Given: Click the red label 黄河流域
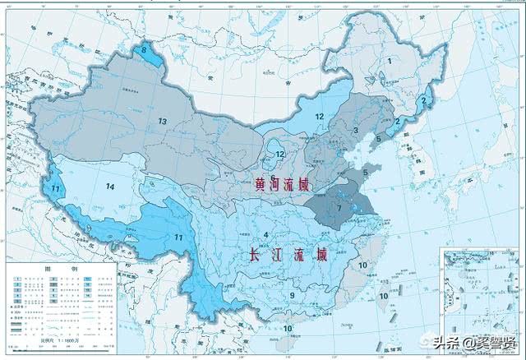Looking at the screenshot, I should tap(284, 187).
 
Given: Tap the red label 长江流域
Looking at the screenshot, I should tap(288, 256).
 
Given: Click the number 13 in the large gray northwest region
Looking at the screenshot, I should tap(163, 122).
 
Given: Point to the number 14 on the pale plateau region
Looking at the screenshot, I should tap(109, 186).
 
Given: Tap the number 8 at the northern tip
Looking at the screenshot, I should tap(145, 50).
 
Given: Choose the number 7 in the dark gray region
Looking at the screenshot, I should tap(339, 208).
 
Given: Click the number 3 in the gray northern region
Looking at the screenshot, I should tap(355, 130).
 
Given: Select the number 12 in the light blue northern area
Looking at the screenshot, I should tap(320, 117).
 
